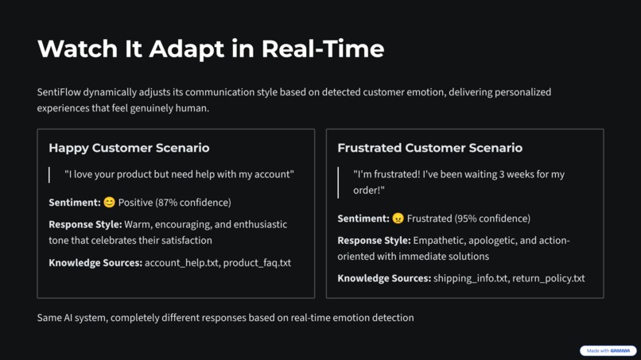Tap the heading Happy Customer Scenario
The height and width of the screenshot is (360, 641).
pos(129,148)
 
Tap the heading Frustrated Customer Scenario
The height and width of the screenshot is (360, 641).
pos(429,148)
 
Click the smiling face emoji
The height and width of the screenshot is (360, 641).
pos(110,203)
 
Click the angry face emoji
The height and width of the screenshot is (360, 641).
pos(398,219)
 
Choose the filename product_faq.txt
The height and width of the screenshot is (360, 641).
pos(257,263)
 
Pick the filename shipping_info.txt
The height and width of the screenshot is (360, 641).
pos(470,279)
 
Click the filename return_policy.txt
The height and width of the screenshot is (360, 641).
pos(548,279)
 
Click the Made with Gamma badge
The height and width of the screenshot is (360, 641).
pos(608,350)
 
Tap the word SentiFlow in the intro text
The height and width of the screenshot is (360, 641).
pos(59,92)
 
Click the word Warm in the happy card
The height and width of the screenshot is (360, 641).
pos(138,225)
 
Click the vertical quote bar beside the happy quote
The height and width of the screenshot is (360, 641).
pos(49,174)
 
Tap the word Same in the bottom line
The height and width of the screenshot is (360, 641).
pos(50,318)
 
